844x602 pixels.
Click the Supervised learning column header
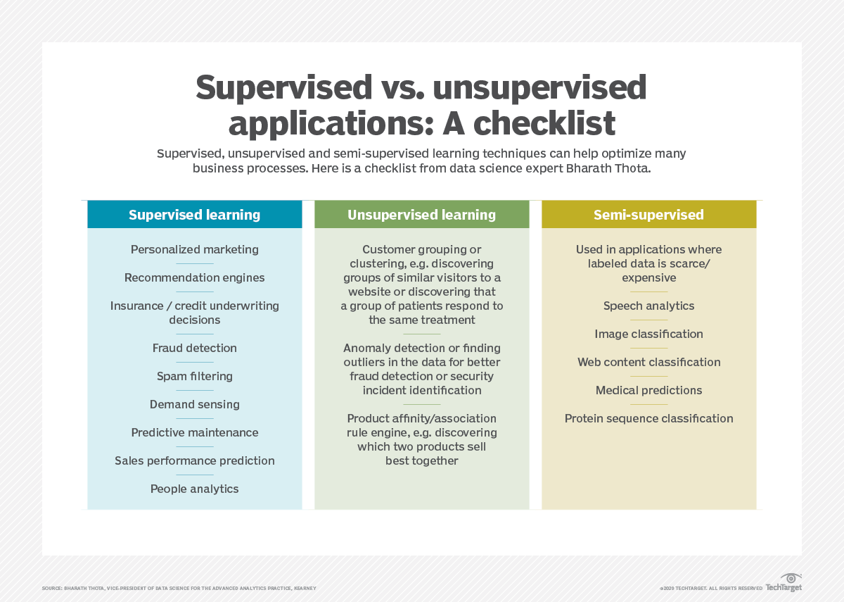coord(194,215)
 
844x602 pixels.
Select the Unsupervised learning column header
coord(421,215)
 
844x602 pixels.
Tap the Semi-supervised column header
coord(648,215)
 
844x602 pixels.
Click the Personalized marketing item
coord(195,249)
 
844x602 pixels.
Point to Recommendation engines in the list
coord(195,277)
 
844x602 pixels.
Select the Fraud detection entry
coord(195,348)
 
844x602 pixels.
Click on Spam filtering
coord(195,376)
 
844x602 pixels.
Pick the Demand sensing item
coord(195,404)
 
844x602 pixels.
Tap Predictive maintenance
coord(195,432)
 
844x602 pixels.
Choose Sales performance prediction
coord(195,460)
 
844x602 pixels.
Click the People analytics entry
coord(195,489)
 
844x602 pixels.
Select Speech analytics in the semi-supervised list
coord(648,306)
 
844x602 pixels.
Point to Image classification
coord(648,334)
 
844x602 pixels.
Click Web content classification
coord(648,362)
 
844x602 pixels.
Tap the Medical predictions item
coord(648,390)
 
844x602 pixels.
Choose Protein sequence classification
coord(648,418)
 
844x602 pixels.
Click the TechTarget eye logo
coord(791,579)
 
